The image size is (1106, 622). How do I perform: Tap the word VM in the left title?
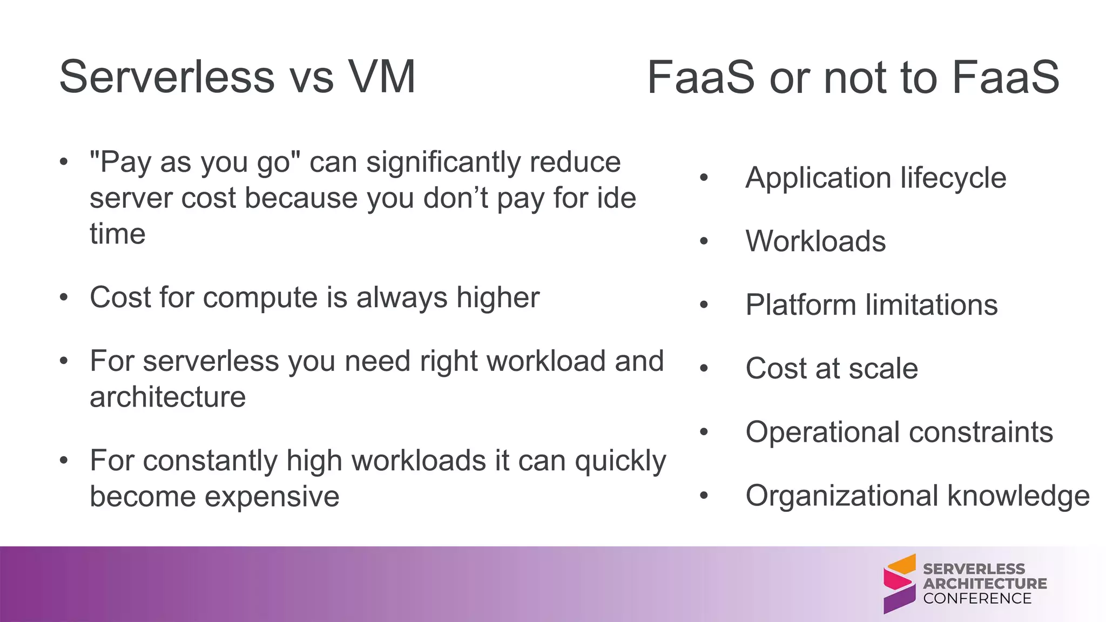tap(381, 77)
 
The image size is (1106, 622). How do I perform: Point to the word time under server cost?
tap(117, 234)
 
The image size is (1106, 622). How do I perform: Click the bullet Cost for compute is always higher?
tap(314, 298)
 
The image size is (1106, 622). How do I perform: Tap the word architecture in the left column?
tap(167, 397)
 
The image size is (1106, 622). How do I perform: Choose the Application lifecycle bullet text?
tap(875, 178)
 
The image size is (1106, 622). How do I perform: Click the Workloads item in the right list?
tap(815, 241)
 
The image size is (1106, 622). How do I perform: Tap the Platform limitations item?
tap(871, 305)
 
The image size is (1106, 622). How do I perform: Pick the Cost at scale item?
tap(831, 369)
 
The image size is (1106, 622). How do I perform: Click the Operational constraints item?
tap(899, 432)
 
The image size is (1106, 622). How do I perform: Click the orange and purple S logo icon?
tap(899, 584)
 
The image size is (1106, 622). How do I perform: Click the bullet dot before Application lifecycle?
tap(703, 178)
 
